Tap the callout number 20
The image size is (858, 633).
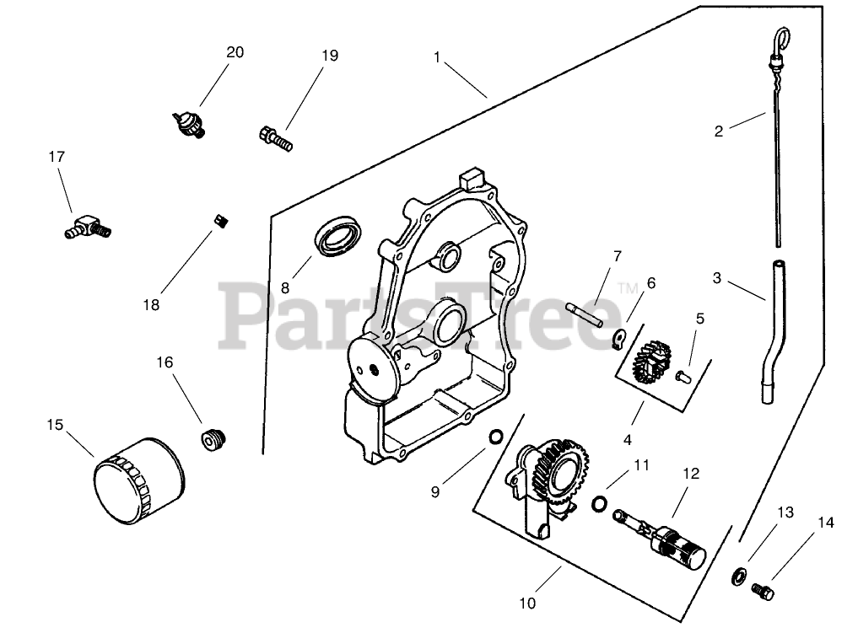pos(235,52)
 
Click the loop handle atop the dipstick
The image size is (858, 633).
pos(782,38)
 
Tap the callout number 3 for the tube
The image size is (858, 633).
pos(717,277)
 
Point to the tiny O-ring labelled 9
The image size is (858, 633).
pos(497,437)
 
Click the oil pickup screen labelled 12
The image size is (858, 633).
pos(671,540)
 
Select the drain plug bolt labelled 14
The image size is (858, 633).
pos(763,591)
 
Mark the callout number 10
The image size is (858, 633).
pos(527,603)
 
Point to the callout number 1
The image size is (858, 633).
pos(437,57)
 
